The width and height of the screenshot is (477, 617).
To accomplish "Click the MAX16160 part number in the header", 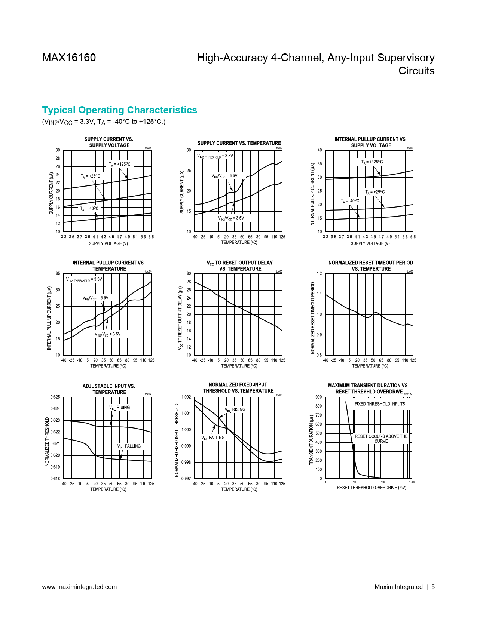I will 69,58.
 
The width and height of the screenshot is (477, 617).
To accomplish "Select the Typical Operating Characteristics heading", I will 119,110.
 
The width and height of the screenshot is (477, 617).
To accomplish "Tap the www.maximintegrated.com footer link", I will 79,587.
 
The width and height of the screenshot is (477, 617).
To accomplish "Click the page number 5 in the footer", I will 433,587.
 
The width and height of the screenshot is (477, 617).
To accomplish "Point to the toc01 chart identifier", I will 148,148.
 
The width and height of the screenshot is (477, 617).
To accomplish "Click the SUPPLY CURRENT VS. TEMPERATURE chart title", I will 239,143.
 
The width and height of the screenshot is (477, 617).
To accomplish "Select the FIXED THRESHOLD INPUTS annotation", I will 380,404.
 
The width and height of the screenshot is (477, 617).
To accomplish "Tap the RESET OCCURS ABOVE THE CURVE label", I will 381,439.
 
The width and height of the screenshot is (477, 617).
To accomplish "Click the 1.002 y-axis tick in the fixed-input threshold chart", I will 186,397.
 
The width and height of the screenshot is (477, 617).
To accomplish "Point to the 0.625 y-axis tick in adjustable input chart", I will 55,397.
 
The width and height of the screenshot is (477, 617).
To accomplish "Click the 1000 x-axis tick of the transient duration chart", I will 412,482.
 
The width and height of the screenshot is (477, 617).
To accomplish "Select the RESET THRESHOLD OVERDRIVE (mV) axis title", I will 371,488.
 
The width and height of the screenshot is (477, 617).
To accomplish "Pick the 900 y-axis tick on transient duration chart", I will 318,397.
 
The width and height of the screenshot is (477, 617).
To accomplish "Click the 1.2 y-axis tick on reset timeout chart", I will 319,274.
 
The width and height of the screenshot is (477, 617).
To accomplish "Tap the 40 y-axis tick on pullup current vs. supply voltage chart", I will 319,150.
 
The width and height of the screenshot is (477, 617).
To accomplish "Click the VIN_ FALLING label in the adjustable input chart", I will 129,446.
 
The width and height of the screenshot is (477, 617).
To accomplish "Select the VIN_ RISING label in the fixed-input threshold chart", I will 235,409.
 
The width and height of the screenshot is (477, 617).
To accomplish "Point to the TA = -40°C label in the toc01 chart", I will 89,209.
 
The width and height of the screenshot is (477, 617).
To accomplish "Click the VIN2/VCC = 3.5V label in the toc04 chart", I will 107,334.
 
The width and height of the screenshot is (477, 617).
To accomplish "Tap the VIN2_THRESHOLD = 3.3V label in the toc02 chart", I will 215,156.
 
